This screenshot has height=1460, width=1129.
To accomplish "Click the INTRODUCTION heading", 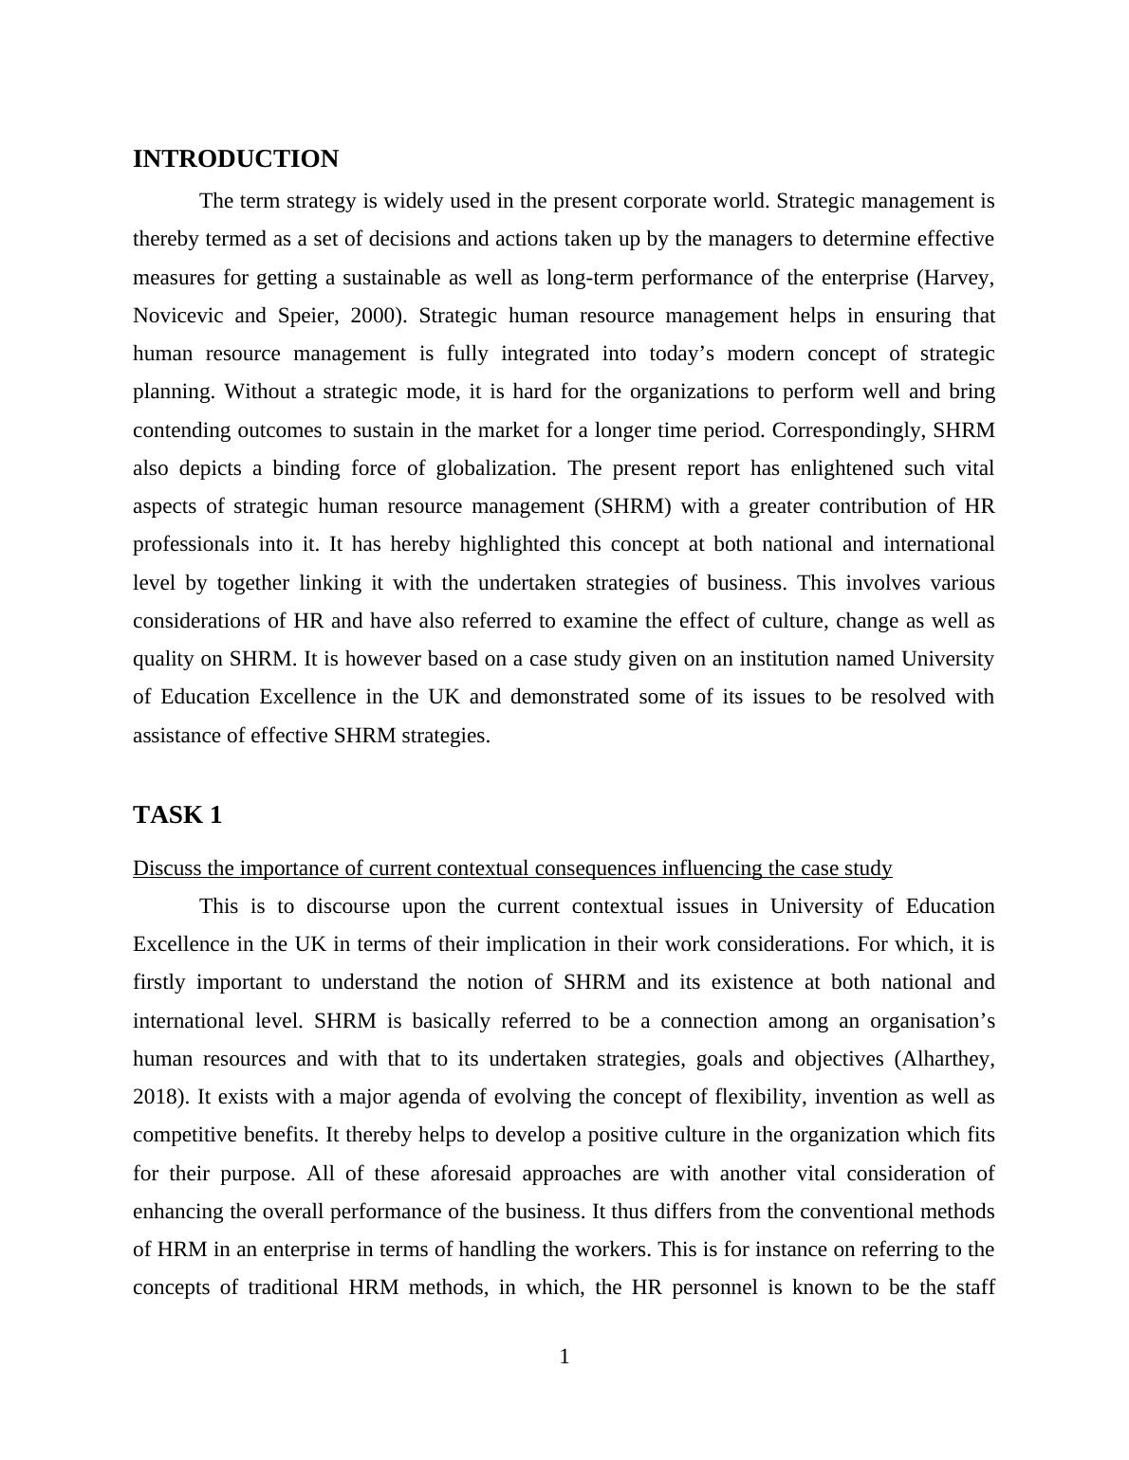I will pos(235,159).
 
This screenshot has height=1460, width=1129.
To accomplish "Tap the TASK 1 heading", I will pos(177,815).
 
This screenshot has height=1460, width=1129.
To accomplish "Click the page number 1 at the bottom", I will pos(564,1357).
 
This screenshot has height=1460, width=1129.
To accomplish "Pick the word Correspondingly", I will pos(848,430).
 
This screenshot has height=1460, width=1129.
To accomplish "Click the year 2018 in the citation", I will pos(157,1097).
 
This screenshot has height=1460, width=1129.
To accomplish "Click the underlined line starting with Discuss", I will pos(512,868).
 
